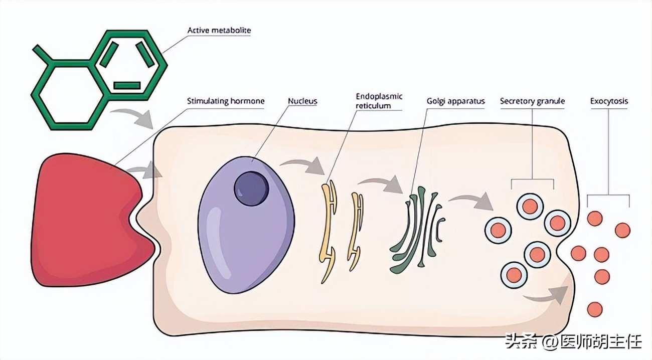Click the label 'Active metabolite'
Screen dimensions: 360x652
pos(219,31)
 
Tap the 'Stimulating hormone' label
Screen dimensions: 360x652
pos(225,101)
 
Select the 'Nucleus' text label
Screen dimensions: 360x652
pos(302,101)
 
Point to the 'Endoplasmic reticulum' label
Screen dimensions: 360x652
pos(379,101)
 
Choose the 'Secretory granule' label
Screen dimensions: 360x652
pos(532,101)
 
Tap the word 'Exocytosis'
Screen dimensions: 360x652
pos(609,101)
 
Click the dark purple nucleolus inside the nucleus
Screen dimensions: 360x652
pos(252,189)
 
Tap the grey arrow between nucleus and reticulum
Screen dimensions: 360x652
pos(302,165)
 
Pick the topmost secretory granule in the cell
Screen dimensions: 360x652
pos(530,206)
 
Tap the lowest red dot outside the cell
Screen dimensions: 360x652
pos(594,309)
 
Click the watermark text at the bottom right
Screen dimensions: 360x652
pos(573,342)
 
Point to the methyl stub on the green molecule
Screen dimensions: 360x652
pos(43,54)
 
